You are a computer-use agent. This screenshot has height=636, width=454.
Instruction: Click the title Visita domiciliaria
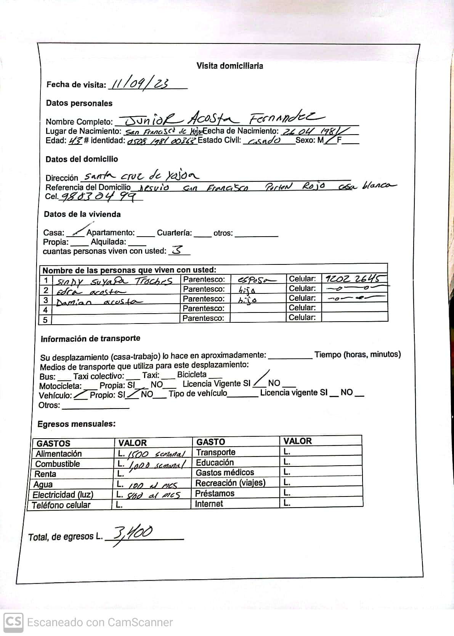click(229, 66)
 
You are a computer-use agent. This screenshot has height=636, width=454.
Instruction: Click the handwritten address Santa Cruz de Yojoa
click(141, 176)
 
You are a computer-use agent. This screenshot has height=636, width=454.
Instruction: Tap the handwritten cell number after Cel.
click(101, 196)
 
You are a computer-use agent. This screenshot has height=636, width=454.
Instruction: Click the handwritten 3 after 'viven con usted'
click(177, 250)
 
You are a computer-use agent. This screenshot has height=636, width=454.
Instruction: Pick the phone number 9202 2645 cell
click(354, 279)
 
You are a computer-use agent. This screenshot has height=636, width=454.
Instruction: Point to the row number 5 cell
click(45, 320)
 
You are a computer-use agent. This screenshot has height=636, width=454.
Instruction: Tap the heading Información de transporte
click(90, 338)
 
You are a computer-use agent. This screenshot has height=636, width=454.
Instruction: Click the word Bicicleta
click(192, 375)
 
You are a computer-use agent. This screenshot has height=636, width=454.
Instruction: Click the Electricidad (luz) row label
click(63, 495)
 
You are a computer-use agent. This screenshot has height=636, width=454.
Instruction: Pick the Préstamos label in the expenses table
click(215, 493)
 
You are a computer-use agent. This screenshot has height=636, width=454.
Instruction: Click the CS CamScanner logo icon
click(13, 622)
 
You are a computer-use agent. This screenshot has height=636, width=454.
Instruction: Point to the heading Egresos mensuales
click(76, 424)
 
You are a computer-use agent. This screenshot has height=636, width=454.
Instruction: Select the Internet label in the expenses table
click(209, 504)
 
